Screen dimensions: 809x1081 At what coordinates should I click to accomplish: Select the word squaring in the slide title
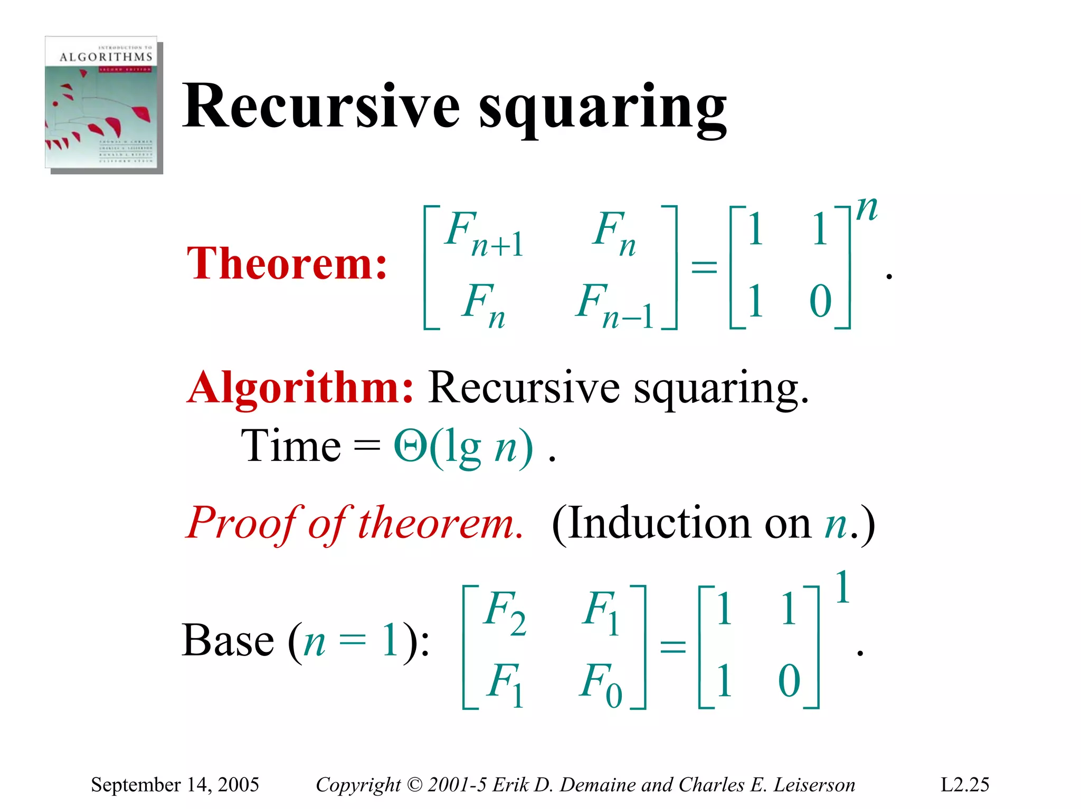tap(602, 109)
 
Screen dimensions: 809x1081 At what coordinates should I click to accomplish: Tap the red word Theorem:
tap(287, 264)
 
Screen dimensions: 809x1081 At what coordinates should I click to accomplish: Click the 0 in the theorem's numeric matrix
tap(820, 301)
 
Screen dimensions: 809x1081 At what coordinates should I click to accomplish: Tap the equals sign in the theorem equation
tap(704, 267)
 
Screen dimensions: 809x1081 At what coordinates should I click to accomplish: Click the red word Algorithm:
tap(300, 388)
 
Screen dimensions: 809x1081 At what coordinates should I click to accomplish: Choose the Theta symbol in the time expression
tap(410, 446)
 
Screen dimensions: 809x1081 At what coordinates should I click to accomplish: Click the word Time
tap(291, 446)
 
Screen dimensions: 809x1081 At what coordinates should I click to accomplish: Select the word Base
tap(227, 640)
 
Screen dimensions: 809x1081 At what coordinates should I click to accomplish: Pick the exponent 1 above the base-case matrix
tap(842, 587)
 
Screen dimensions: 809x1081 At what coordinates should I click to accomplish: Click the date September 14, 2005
tap(175, 784)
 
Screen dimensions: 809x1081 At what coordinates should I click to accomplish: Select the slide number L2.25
tap(964, 784)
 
